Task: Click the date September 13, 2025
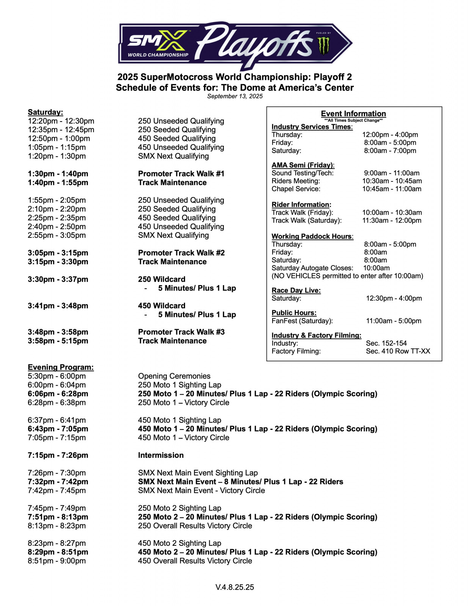pos(235,96)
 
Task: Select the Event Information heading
pos(353,114)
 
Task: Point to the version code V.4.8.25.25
pos(235,587)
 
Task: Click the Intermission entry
pos(161,455)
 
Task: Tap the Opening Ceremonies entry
pos(174,376)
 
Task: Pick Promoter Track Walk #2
pos(181,253)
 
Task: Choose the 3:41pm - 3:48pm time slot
pos(58,306)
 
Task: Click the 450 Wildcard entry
pos(162,306)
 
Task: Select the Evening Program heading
pos(61,367)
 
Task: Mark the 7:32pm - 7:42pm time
pos(58,482)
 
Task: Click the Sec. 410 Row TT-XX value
pos(398,351)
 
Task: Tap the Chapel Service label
pos(296,189)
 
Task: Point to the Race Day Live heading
pos(296,291)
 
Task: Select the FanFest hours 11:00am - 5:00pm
pos(393,321)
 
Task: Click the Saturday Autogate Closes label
pos(312,268)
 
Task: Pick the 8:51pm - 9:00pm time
pos(57,561)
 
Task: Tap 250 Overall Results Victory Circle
pos(195,526)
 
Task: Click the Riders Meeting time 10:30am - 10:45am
pos(392,181)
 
